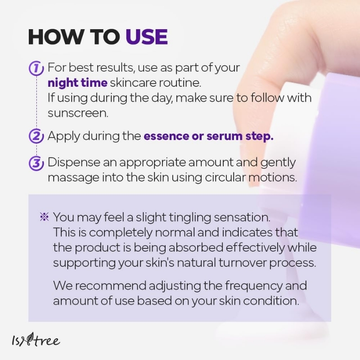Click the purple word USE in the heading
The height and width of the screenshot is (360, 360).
147,37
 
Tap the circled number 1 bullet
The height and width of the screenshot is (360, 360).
36,68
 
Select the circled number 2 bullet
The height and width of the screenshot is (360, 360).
36,136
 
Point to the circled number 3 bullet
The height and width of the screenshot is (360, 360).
36,163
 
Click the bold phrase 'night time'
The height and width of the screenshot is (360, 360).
77,83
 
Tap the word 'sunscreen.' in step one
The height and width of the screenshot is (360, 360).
78,113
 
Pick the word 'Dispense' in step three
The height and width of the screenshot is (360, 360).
74,162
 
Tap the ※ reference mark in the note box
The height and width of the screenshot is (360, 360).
44,217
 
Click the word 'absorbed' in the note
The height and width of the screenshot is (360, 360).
196,247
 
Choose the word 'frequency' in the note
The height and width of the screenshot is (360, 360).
253,286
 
